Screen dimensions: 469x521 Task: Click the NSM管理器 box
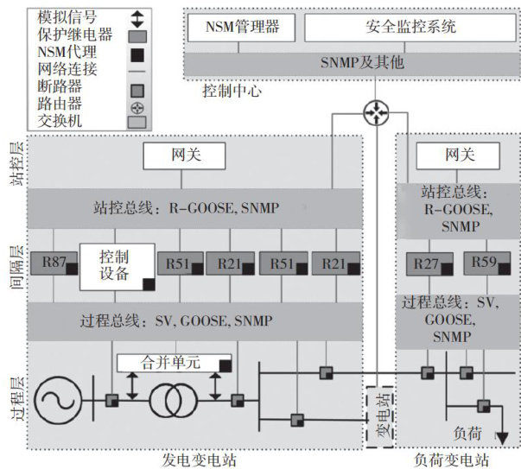(x=242, y=27)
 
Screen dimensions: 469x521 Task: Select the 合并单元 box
(x=174, y=363)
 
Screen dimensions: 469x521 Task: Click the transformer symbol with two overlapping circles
(x=173, y=401)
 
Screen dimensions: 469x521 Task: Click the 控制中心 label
(x=232, y=90)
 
